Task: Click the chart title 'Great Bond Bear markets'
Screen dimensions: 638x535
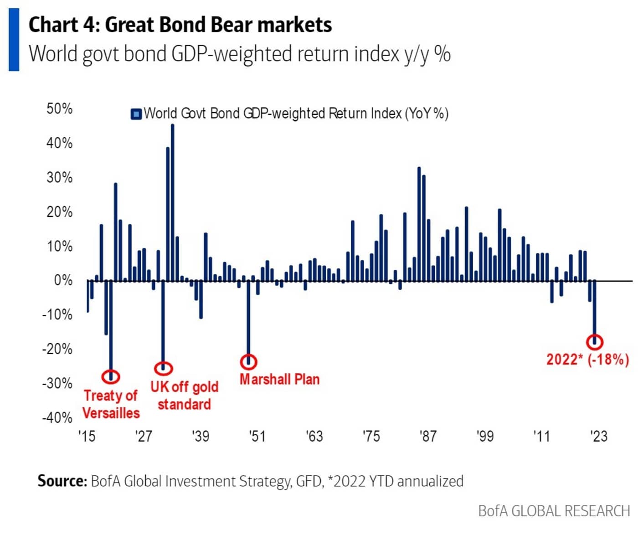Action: point(218,25)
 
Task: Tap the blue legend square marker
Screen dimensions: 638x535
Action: point(136,114)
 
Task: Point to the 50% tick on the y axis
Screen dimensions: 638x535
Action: point(60,109)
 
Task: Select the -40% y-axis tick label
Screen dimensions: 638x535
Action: point(57,417)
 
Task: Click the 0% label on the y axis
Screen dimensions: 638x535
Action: point(63,280)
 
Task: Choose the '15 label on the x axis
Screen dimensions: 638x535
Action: point(87,436)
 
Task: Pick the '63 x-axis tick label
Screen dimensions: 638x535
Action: point(314,436)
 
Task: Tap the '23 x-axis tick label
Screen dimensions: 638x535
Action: point(599,436)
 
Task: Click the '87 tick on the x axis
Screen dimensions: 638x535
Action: point(428,436)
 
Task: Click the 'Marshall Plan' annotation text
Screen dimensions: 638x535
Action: point(280,380)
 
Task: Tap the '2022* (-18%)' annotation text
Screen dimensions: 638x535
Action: point(587,359)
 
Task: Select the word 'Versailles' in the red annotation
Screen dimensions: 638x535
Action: point(111,413)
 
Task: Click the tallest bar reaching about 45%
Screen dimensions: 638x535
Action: point(172,202)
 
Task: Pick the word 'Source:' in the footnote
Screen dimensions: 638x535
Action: point(62,481)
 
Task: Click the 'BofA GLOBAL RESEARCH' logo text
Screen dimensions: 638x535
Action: point(554,511)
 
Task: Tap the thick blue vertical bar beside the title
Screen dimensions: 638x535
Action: point(14,40)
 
